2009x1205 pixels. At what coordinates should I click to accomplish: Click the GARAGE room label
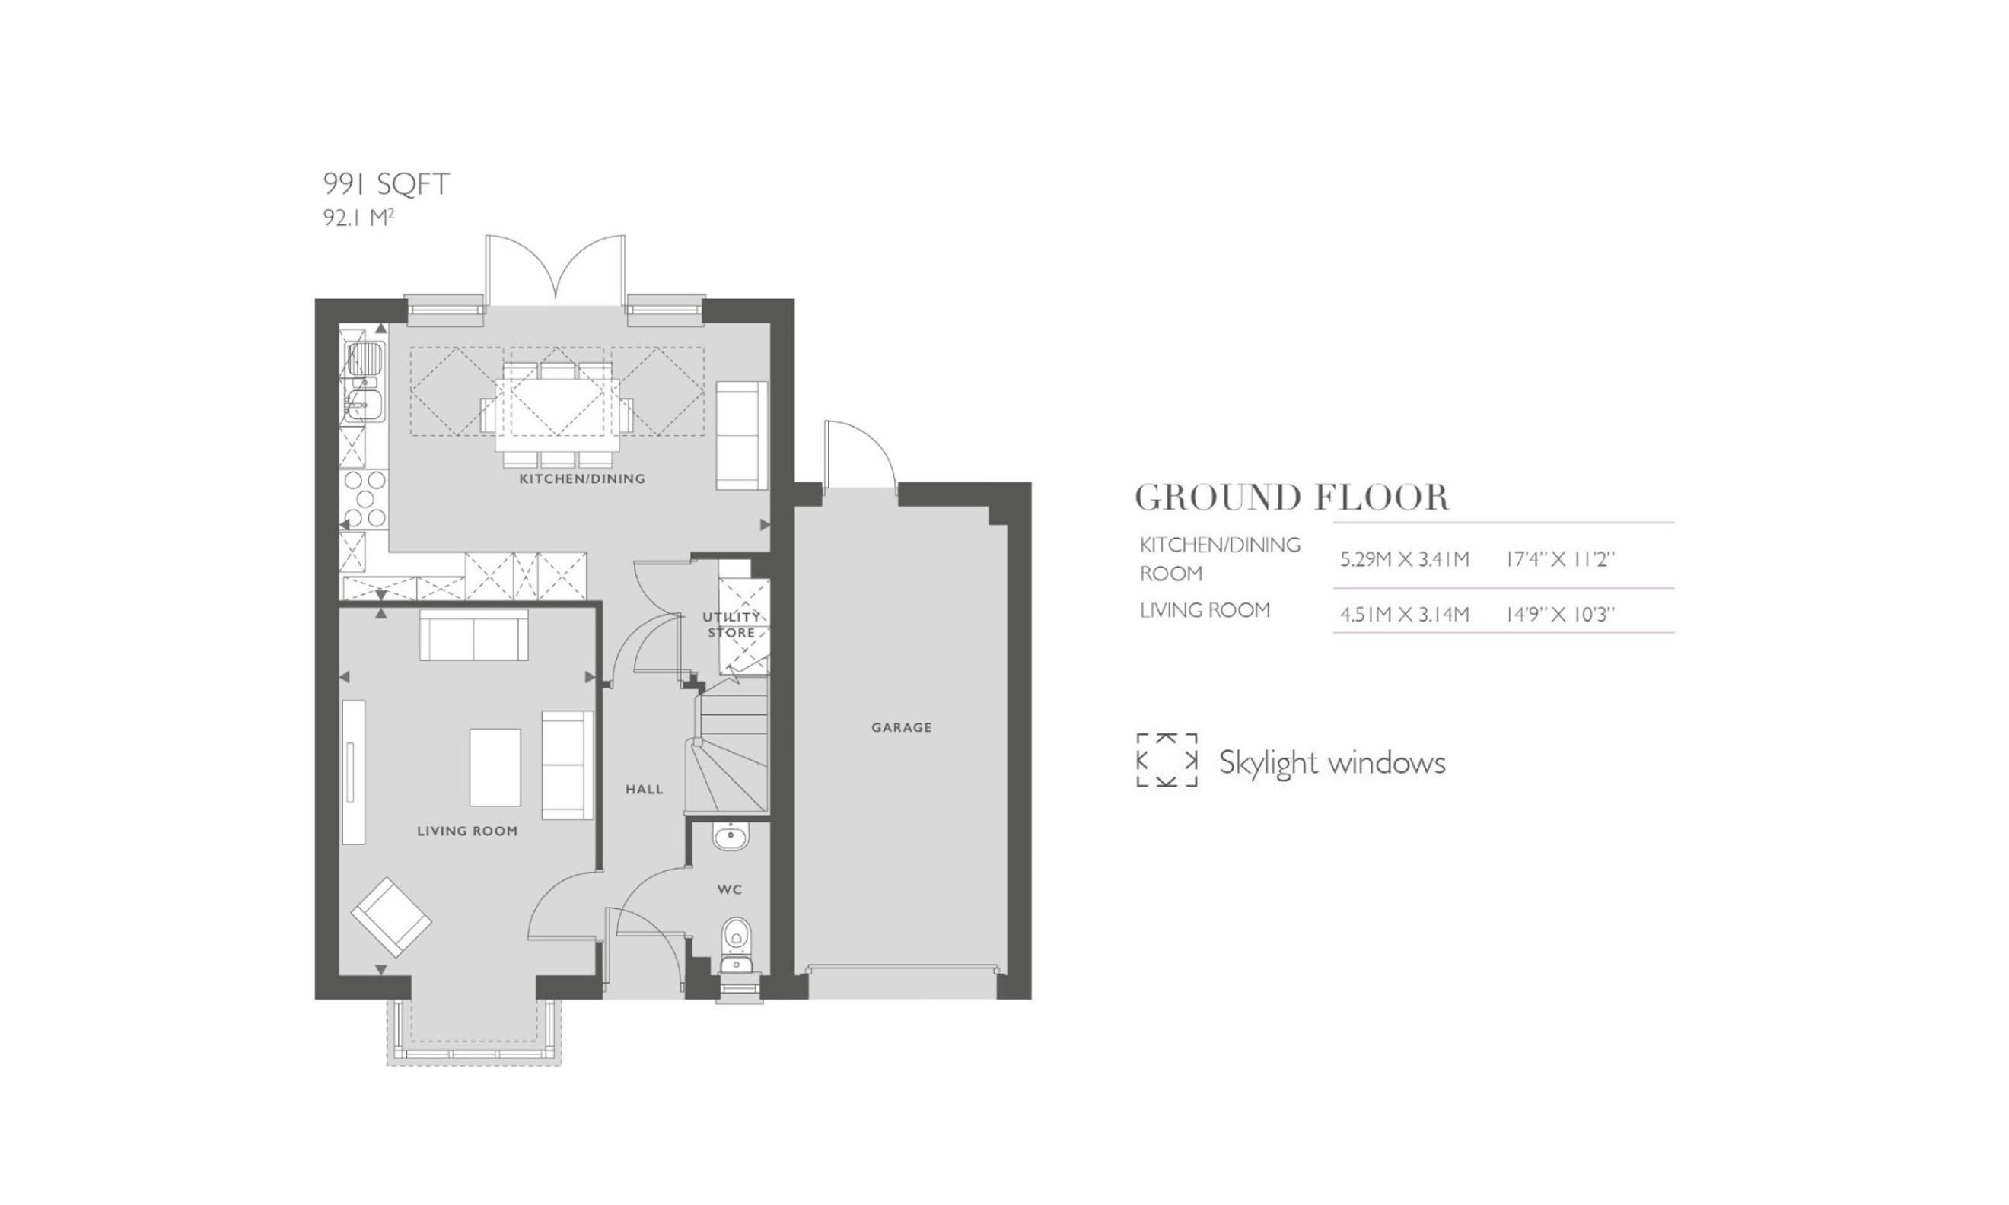(x=901, y=727)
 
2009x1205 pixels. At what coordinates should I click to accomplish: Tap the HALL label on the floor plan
(x=644, y=789)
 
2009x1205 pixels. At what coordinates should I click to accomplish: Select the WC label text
(x=729, y=890)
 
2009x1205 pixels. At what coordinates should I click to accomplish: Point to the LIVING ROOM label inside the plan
(x=467, y=831)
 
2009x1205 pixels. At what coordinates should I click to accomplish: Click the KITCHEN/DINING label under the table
(x=582, y=479)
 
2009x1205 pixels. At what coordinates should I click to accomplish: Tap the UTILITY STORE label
(x=731, y=625)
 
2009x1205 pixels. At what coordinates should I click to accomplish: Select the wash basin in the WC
(x=731, y=836)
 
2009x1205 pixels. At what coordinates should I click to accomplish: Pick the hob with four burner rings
(x=365, y=498)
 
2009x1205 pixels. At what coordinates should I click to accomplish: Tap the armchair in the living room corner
(x=390, y=917)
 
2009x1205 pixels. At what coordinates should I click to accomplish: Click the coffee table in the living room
(x=495, y=768)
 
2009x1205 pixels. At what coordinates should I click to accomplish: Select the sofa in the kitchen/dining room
(x=741, y=435)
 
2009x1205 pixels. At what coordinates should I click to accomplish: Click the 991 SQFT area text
(x=386, y=184)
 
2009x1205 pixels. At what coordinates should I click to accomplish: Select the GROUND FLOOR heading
(x=1291, y=498)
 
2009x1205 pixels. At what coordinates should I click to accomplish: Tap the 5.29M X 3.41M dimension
(x=1404, y=559)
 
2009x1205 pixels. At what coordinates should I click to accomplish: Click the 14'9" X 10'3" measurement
(x=1560, y=614)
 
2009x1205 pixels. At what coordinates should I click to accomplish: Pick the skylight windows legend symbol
(x=1166, y=760)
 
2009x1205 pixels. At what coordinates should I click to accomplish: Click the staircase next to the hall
(x=727, y=752)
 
